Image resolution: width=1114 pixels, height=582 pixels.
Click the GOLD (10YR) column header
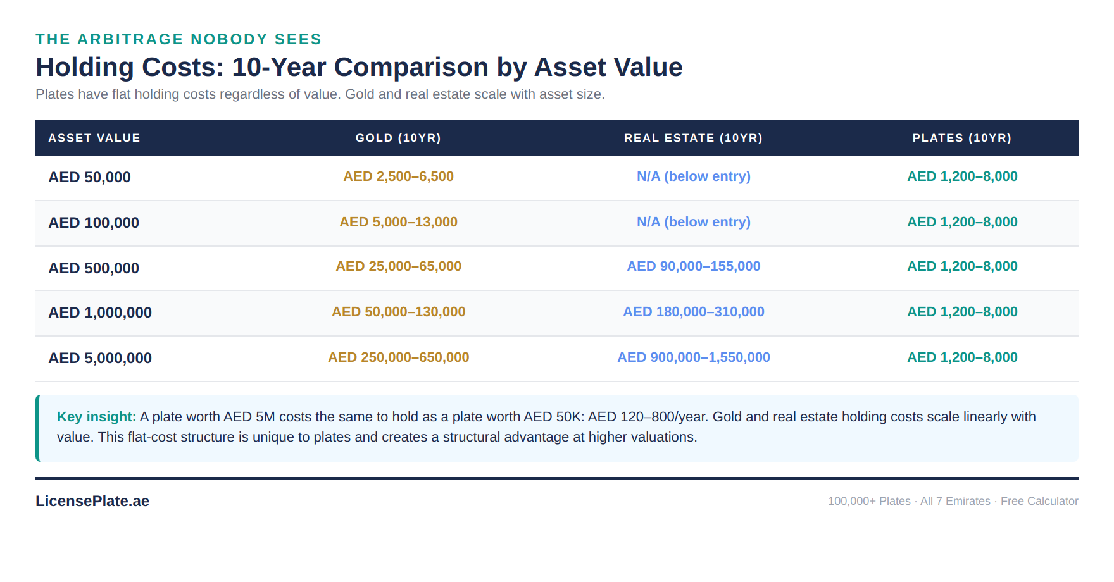398,138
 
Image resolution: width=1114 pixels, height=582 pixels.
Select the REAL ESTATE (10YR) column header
693,138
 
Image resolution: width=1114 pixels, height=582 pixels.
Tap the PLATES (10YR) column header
961,138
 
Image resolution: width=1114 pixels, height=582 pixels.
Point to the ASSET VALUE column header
94,138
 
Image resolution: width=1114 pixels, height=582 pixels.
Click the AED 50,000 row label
90,177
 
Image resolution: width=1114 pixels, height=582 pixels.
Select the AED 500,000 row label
94,268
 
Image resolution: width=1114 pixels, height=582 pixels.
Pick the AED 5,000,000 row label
100,358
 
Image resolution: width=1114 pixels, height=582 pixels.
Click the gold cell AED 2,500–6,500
398,176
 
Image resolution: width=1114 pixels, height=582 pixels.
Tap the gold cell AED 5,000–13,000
398,222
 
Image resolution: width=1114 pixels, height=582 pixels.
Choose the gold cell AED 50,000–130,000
398,312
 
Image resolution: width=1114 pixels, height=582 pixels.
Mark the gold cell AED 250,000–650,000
398,357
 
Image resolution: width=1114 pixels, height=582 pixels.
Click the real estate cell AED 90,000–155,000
693,266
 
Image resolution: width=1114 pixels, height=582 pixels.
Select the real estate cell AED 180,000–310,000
693,312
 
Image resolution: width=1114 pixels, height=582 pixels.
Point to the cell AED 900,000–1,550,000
693,357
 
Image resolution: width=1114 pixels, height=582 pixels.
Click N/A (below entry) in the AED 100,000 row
693,222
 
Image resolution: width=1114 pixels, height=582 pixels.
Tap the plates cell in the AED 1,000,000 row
961,312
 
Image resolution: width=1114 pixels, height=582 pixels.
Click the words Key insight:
96,417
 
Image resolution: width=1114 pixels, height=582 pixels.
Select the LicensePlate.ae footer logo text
92,501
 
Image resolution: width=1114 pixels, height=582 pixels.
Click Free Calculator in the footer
1039,501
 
